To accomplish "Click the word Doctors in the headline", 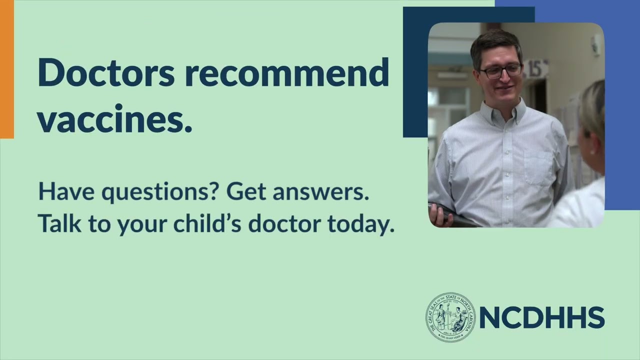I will point(106,73).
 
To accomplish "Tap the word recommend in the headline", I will point(286,73).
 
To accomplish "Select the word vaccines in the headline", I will point(114,120).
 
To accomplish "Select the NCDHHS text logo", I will point(542,317).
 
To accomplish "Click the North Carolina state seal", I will point(450,317).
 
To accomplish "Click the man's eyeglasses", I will point(500,70).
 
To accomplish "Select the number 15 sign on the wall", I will point(535,69).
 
